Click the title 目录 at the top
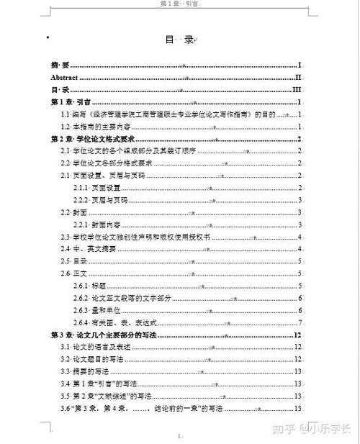(179, 40)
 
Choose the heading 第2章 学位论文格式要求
(94, 139)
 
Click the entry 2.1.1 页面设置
(101, 187)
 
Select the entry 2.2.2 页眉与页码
(101, 199)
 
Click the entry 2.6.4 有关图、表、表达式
(115, 322)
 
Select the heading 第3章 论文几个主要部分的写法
(104, 335)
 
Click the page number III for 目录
(295, 89)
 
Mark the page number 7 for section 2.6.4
(299, 322)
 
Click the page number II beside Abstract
(297, 77)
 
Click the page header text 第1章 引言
(179, 4)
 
